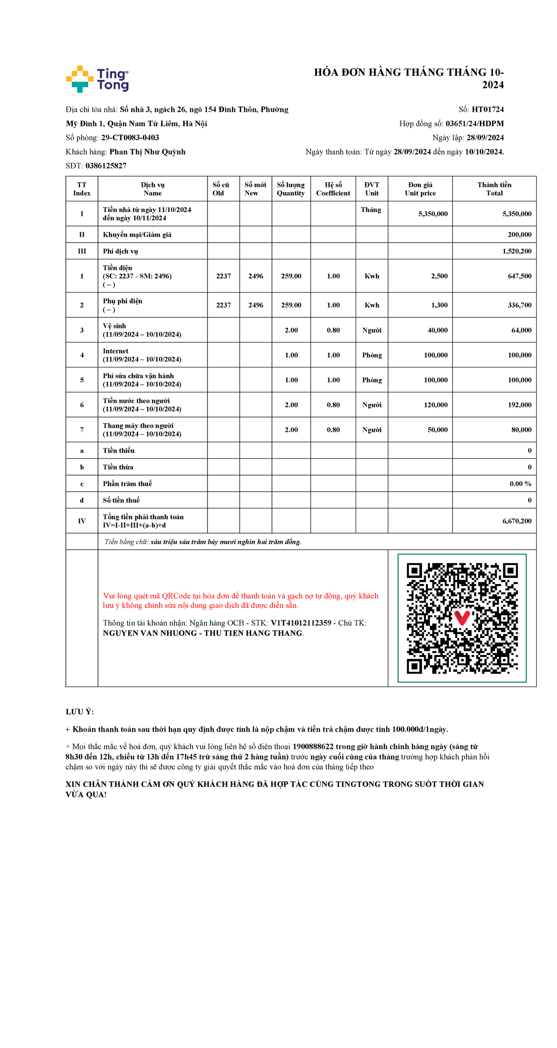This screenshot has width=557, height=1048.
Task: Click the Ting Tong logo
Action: coord(97,79)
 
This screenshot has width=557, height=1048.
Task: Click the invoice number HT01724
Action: coord(487,109)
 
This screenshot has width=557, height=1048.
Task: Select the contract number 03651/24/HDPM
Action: coord(474,123)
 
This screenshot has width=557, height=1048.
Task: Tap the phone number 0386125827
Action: coord(106,166)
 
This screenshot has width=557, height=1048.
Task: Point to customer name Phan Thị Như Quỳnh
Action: coord(147,152)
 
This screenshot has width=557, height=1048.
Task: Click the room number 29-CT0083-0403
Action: coord(130,137)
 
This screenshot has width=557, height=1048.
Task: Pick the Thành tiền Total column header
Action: coord(494,189)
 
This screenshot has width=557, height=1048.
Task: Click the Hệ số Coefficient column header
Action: coord(333,189)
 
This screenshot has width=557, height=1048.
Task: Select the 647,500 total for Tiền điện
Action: coord(519,276)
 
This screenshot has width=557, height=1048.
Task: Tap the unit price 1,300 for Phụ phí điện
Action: coord(439,305)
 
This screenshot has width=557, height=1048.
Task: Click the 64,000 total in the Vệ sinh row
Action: coord(521,330)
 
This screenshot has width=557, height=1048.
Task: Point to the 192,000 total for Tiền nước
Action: coord(519,405)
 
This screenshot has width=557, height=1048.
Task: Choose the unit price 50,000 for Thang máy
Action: coord(437,430)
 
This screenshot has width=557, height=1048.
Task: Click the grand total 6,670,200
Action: coord(517,521)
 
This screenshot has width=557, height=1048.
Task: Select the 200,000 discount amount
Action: coord(519,235)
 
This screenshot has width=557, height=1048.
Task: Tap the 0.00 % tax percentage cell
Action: coord(520,484)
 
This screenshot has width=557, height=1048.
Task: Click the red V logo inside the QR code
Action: coord(462,617)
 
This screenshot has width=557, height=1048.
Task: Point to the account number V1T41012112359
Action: coord(301,623)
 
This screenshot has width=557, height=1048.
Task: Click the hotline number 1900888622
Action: coord(313,746)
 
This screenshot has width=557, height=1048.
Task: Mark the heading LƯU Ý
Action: coord(79,712)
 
